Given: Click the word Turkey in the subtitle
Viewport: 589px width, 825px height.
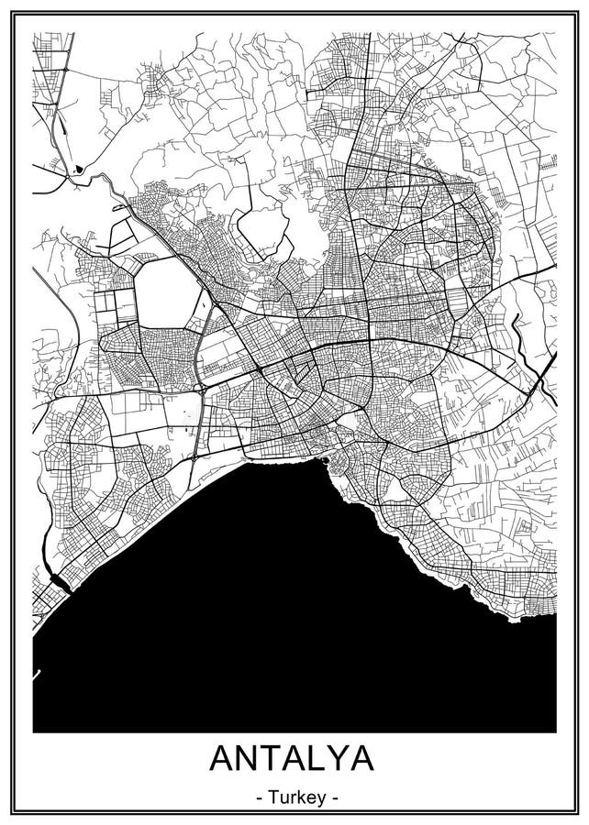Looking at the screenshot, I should tap(294, 798).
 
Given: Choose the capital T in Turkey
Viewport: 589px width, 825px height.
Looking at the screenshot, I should tap(274, 798).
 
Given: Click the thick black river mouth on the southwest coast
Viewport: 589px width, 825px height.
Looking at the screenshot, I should tap(58, 579).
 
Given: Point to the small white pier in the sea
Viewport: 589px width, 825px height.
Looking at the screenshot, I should tap(37, 676).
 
